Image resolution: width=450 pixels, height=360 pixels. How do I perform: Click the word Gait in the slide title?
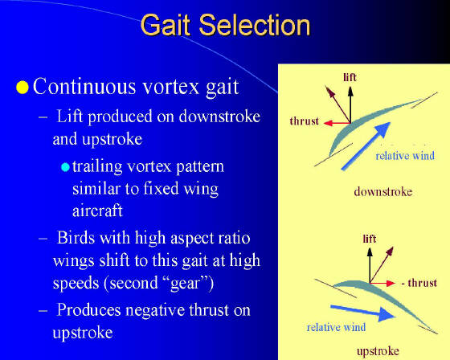(x=166, y=25)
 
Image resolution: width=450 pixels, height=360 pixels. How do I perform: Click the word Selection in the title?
(x=255, y=25)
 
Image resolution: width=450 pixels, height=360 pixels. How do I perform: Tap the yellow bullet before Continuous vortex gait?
(x=22, y=88)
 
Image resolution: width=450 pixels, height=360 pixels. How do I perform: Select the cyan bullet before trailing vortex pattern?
(x=65, y=167)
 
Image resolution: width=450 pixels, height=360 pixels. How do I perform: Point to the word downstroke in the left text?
(x=219, y=117)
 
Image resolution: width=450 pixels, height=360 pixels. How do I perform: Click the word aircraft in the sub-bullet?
(x=97, y=211)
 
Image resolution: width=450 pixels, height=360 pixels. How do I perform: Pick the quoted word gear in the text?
(x=185, y=284)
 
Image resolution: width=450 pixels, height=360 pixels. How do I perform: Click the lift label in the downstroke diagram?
(x=350, y=77)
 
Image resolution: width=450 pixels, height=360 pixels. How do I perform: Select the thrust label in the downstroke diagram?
(x=305, y=121)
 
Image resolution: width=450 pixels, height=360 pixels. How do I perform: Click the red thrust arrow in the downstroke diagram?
(x=337, y=123)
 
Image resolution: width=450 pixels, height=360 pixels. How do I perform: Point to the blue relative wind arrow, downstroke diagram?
(x=366, y=146)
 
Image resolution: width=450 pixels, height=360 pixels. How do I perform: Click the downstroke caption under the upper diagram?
(x=382, y=191)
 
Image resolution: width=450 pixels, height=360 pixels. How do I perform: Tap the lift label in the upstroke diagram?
(x=370, y=239)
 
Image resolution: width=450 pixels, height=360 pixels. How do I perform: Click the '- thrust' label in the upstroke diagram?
(x=419, y=283)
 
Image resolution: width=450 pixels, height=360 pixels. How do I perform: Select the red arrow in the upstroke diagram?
(x=382, y=284)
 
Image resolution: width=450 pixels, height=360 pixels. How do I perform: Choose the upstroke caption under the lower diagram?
(x=378, y=351)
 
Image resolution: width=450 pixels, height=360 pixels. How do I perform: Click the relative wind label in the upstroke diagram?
(x=336, y=328)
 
